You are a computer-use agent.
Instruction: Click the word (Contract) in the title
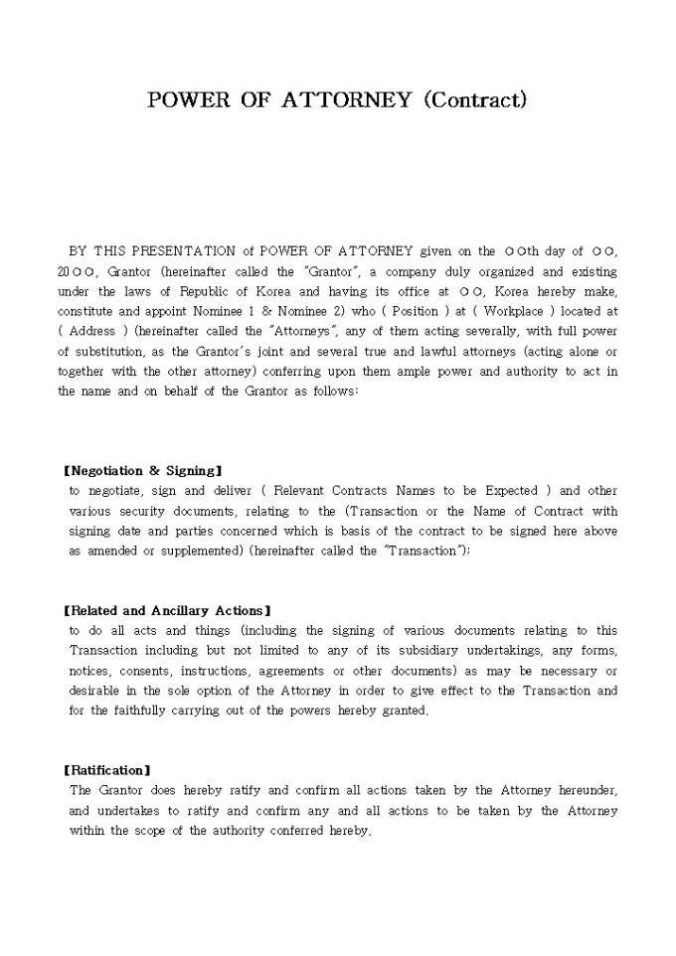click(x=474, y=100)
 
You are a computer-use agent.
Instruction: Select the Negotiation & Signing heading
click(x=142, y=470)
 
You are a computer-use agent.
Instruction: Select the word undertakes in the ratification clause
click(x=128, y=811)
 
